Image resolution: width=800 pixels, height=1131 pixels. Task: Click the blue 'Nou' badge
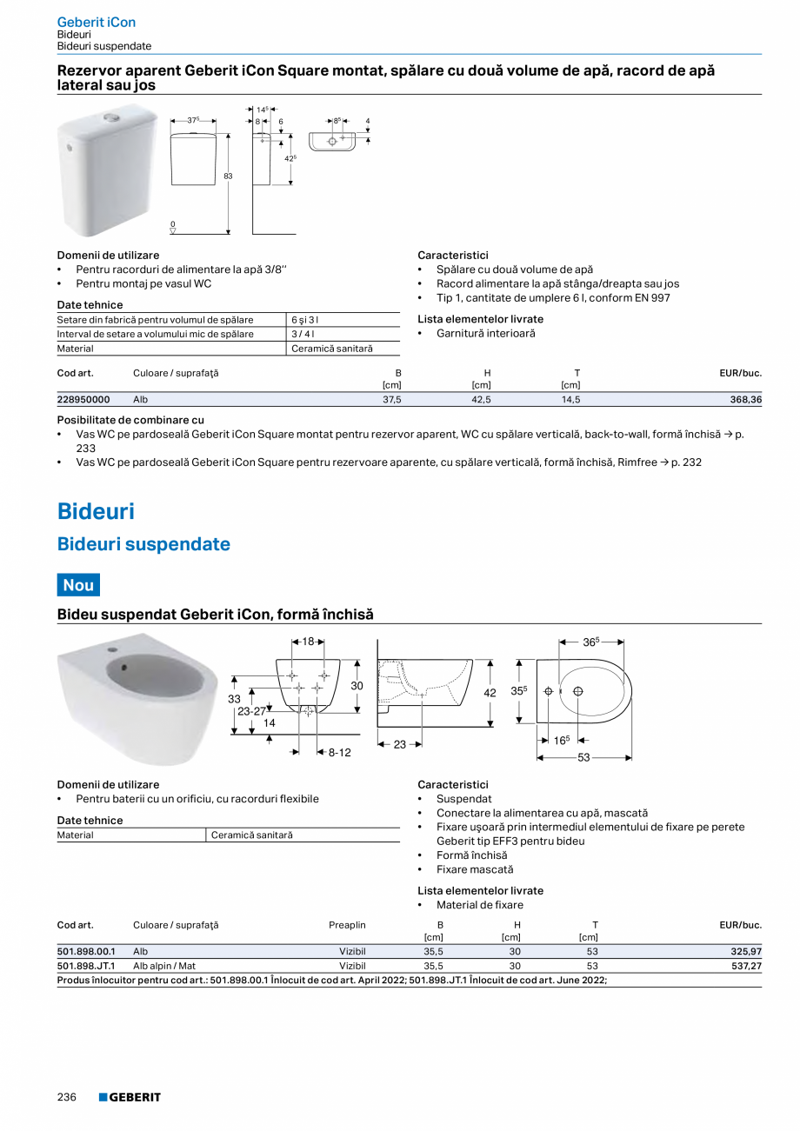pyautogui.click(x=78, y=585)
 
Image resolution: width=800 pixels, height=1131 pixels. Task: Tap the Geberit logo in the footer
pyautogui.click(x=130, y=1097)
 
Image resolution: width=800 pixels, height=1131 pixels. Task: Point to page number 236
pyautogui.click(x=67, y=1097)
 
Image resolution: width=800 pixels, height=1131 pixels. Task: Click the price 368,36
pyautogui.click(x=744, y=399)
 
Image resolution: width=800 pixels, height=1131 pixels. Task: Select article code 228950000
pyautogui.click(x=83, y=399)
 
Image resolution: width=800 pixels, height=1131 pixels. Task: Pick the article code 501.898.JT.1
pyautogui.click(x=86, y=966)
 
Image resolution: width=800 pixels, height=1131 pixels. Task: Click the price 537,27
pyautogui.click(x=746, y=966)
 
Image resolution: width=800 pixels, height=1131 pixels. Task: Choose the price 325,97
pyautogui.click(x=746, y=952)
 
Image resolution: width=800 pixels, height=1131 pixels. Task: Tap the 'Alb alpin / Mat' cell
pyautogui.click(x=164, y=966)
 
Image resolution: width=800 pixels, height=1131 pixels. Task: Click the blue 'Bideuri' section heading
pyautogui.click(x=96, y=511)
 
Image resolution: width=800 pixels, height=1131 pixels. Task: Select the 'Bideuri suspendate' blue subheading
pyautogui.click(x=143, y=544)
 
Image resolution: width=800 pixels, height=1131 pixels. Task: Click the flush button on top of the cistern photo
pyautogui.click(x=112, y=116)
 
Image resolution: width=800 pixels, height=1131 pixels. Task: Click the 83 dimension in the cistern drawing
pyautogui.click(x=229, y=176)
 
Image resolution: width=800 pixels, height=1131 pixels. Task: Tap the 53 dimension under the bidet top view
pyautogui.click(x=583, y=758)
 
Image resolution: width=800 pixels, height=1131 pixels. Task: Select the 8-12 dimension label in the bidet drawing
pyautogui.click(x=339, y=752)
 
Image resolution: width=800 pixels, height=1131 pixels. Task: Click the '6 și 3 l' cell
pyautogui.click(x=305, y=320)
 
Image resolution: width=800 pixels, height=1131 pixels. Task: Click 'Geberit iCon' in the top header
pyautogui.click(x=96, y=22)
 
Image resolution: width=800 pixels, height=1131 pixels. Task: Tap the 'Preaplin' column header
pyautogui.click(x=347, y=925)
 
